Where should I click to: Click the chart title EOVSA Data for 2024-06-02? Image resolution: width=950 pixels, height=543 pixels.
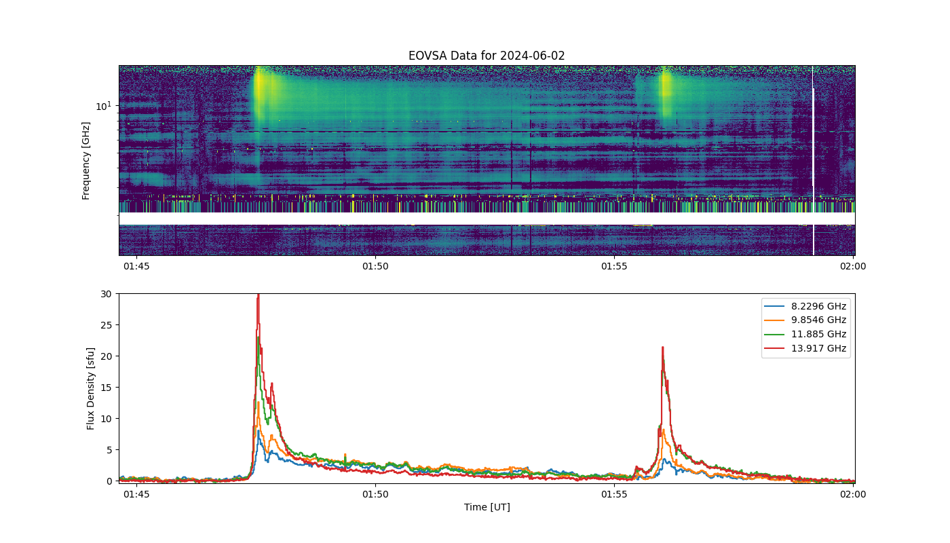tap(487, 56)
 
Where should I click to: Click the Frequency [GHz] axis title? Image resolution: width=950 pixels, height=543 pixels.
tap(85, 161)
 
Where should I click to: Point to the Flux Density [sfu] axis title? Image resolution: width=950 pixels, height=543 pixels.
tap(90, 388)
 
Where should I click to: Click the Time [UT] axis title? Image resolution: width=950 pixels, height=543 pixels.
tap(487, 507)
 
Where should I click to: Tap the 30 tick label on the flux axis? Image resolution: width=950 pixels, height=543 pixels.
tap(106, 294)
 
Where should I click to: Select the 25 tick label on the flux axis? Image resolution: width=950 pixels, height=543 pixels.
tap(106, 325)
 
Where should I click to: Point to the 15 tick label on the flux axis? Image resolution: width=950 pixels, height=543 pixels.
tap(106, 388)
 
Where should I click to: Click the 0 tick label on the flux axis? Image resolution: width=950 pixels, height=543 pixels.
tap(109, 481)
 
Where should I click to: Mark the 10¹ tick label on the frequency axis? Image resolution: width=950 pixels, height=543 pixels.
tap(103, 106)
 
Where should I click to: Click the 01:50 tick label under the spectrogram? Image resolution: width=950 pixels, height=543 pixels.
tap(375, 266)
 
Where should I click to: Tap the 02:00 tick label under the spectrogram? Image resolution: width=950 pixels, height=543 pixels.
tap(853, 266)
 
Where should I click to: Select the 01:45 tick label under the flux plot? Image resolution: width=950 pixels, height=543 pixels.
tap(136, 494)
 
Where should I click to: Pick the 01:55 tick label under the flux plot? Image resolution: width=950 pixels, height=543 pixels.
tap(614, 494)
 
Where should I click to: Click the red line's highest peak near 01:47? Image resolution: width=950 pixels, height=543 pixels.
tap(259, 295)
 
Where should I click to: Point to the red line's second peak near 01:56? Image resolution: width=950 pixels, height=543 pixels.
tap(662, 348)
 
